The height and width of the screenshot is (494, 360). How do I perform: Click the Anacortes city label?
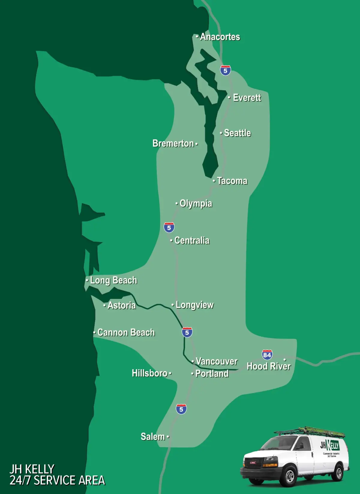[x=220, y=37]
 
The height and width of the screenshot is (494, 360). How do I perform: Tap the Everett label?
[x=247, y=98]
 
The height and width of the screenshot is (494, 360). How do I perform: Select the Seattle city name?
[x=237, y=133]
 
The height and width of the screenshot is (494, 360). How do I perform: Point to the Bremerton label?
[x=173, y=143]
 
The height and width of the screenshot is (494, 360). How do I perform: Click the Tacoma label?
[x=232, y=181]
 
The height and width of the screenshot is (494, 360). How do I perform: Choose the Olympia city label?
[x=196, y=204]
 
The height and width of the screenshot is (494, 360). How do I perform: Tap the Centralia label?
[x=192, y=240]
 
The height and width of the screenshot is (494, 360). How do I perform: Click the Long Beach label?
[x=113, y=281]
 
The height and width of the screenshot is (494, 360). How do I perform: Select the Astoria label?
[x=121, y=306]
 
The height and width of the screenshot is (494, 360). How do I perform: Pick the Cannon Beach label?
[x=126, y=333]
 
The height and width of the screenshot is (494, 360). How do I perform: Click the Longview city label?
[x=195, y=305]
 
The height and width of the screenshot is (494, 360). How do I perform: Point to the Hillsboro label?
[x=149, y=373]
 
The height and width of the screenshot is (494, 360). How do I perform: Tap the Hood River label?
[x=268, y=366]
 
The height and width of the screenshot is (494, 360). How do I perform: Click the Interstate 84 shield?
[x=267, y=355]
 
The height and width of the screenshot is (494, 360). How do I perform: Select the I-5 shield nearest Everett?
[x=225, y=71]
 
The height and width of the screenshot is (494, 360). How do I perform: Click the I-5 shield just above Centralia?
[x=169, y=227]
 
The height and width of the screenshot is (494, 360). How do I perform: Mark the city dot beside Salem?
[x=168, y=437]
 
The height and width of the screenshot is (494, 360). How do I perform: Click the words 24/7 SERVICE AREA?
[x=57, y=480]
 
